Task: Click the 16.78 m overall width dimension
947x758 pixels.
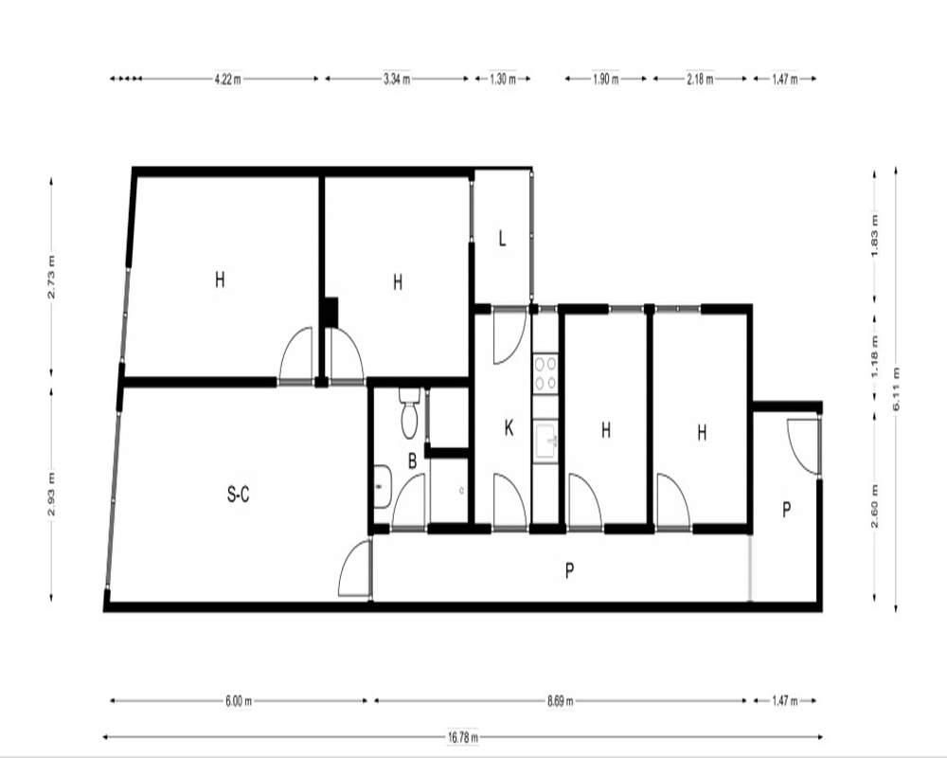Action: point(463,737)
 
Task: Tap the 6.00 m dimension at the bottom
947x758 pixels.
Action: point(239,701)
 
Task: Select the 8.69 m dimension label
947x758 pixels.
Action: point(561,701)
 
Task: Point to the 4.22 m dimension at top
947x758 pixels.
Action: point(228,80)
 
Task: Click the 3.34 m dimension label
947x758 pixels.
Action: point(397,80)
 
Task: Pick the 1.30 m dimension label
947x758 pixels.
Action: point(503,80)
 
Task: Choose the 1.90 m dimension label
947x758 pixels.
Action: point(605,80)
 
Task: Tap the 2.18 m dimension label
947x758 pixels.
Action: point(700,80)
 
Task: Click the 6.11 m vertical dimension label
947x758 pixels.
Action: point(896,389)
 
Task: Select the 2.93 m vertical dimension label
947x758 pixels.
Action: point(52,493)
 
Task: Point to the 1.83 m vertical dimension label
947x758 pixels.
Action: point(873,235)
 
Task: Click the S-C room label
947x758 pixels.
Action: point(238,495)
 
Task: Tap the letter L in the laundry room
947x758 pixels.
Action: point(502,239)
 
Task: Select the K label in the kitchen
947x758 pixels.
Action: point(509,428)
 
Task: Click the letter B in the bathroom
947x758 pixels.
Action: point(413,461)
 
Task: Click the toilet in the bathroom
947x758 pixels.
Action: point(409,413)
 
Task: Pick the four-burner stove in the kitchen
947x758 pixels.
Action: point(545,373)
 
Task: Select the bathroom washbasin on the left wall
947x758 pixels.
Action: point(382,487)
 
